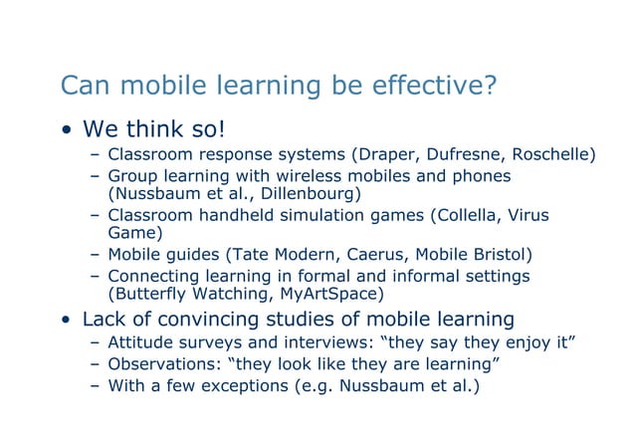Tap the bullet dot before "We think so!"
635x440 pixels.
66,131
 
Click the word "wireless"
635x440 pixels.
315,175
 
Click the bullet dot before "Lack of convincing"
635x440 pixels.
66,322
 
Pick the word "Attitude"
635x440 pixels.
140,343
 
